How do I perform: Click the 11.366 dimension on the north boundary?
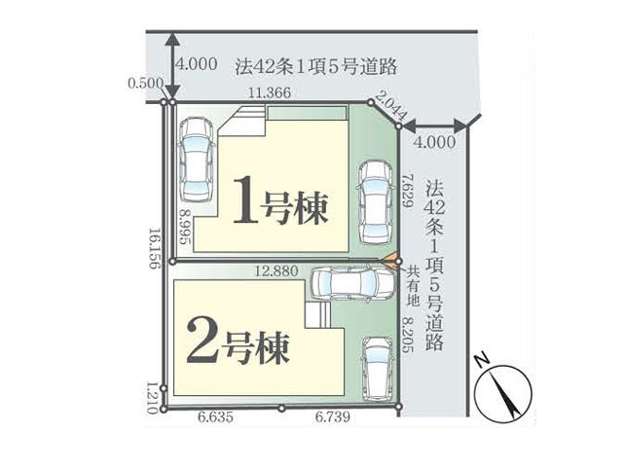click(270, 93)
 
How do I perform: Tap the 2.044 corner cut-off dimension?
click(391, 106)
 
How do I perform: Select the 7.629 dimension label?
click(407, 190)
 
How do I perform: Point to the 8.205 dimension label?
click(407, 335)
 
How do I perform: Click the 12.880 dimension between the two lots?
click(276, 271)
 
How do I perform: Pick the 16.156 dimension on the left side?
click(155, 249)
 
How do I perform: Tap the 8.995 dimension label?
click(185, 228)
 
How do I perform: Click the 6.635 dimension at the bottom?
click(215, 417)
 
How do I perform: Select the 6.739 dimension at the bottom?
click(333, 417)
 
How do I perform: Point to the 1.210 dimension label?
click(152, 398)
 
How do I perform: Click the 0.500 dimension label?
click(145, 83)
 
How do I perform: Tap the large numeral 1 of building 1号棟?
click(246, 199)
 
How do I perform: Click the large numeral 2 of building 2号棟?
click(203, 341)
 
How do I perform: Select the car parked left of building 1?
click(196, 160)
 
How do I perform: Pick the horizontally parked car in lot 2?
click(352, 283)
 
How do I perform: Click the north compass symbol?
click(504, 393)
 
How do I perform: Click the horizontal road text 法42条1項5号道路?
click(316, 67)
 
